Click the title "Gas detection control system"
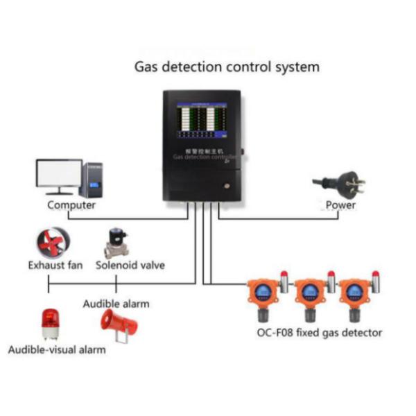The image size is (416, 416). click(227, 67)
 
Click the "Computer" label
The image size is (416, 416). click(71, 205)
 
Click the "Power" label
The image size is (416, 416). click(340, 205)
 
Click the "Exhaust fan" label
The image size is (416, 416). click(55, 265)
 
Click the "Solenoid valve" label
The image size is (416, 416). click(130, 265)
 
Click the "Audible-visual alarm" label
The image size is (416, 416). click(57, 349)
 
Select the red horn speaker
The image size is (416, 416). click(114, 323)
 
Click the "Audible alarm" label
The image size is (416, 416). click(116, 304)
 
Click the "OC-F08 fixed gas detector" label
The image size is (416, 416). click(319, 333)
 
